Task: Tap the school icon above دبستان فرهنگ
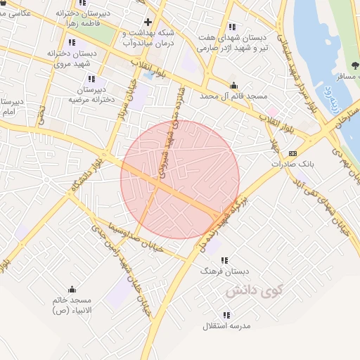pyautogui.click(x=224, y=260)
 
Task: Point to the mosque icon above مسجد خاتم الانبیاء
pyautogui.click(x=71, y=289)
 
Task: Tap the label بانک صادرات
pyautogui.click(x=292, y=163)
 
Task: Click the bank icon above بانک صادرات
pyautogui.click(x=292, y=153)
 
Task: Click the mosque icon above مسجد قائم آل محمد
pyautogui.click(x=233, y=85)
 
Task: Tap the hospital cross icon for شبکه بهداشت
pyautogui.click(x=147, y=22)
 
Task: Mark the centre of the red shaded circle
pyautogui.click(x=180, y=179)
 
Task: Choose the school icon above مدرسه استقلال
pyautogui.click(x=226, y=316)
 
